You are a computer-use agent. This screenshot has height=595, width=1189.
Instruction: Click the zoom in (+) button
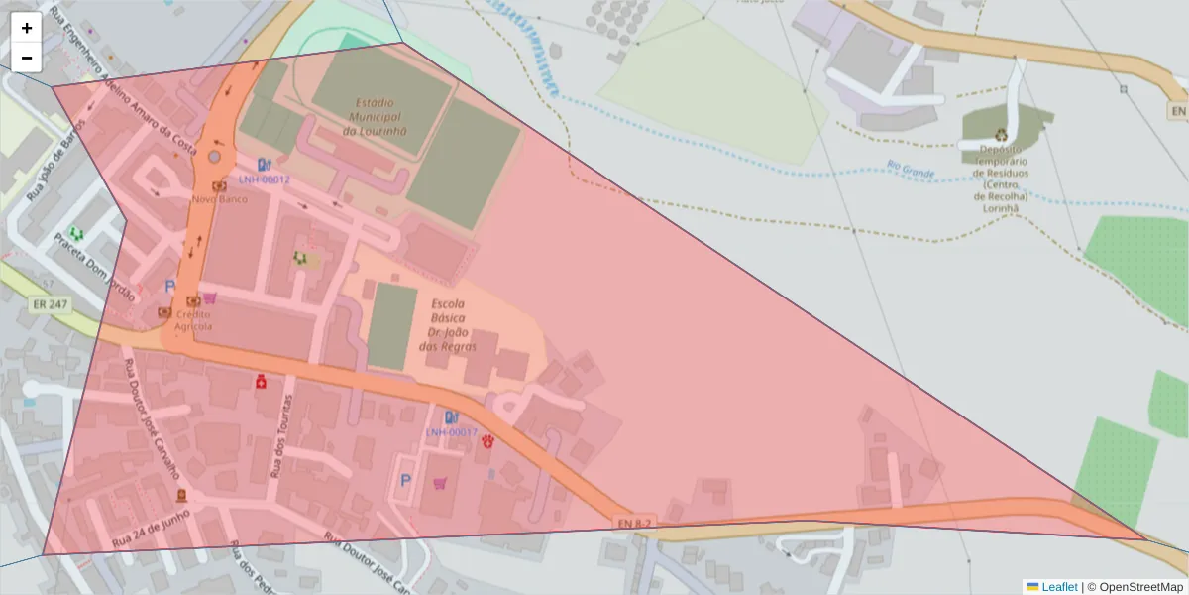tap(27, 28)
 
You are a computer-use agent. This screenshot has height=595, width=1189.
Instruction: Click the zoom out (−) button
tap(27, 58)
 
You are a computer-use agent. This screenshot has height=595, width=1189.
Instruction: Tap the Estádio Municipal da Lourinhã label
tap(375, 116)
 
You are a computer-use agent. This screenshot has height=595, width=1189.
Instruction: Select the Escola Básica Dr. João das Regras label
tap(448, 325)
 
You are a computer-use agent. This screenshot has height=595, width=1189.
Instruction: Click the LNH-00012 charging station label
tap(264, 179)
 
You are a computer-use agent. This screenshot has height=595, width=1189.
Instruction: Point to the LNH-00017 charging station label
tap(452, 432)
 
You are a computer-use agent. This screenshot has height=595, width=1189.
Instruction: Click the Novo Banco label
tap(219, 198)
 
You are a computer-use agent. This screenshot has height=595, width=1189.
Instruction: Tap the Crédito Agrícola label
tap(193, 320)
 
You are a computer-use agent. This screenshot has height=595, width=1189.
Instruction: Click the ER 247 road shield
tap(50, 304)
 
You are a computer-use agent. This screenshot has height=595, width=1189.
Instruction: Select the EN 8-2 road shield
tap(634, 523)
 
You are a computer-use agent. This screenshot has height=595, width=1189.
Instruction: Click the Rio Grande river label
tap(911, 170)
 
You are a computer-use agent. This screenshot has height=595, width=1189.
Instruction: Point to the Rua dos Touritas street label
tap(281, 436)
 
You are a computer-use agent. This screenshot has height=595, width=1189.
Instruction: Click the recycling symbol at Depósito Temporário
tap(1002, 134)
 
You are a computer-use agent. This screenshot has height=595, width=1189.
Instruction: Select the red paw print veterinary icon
tap(487, 441)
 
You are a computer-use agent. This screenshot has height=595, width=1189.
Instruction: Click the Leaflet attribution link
tap(1058, 587)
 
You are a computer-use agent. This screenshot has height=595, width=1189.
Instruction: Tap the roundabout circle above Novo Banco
tap(215, 157)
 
